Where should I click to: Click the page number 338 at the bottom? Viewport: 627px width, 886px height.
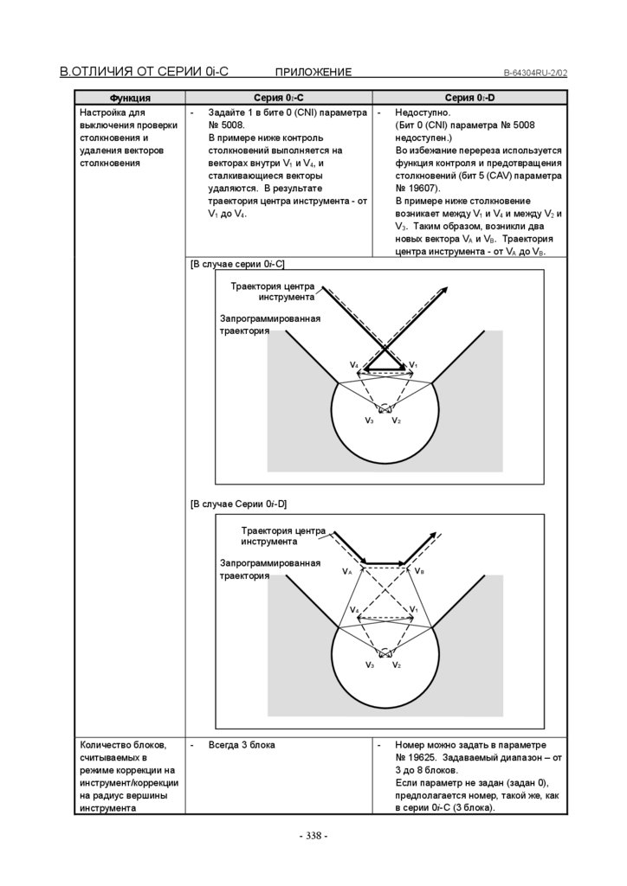click(x=313, y=836)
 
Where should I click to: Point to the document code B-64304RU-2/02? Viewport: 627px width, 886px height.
click(x=535, y=73)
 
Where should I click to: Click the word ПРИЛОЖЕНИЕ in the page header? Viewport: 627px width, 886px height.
click(x=313, y=72)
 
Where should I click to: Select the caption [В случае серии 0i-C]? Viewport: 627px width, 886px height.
click(x=237, y=263)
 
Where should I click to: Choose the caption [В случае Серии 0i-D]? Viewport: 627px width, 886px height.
click(x=239, y=504)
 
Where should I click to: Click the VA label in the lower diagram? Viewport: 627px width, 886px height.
click(x=347, y=572)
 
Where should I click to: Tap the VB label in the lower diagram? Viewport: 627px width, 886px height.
click(x=419, y=572)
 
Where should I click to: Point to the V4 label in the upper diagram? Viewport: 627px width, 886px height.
click(x=354, y=365)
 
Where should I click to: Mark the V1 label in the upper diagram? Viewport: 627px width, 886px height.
click(x=414, y=365)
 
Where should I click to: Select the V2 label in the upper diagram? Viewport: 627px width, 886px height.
click(x=396, y=421)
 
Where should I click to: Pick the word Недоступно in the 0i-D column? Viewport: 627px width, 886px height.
click(x=422, y=113)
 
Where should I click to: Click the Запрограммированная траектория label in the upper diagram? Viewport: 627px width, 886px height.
click(x=269, y=324)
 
